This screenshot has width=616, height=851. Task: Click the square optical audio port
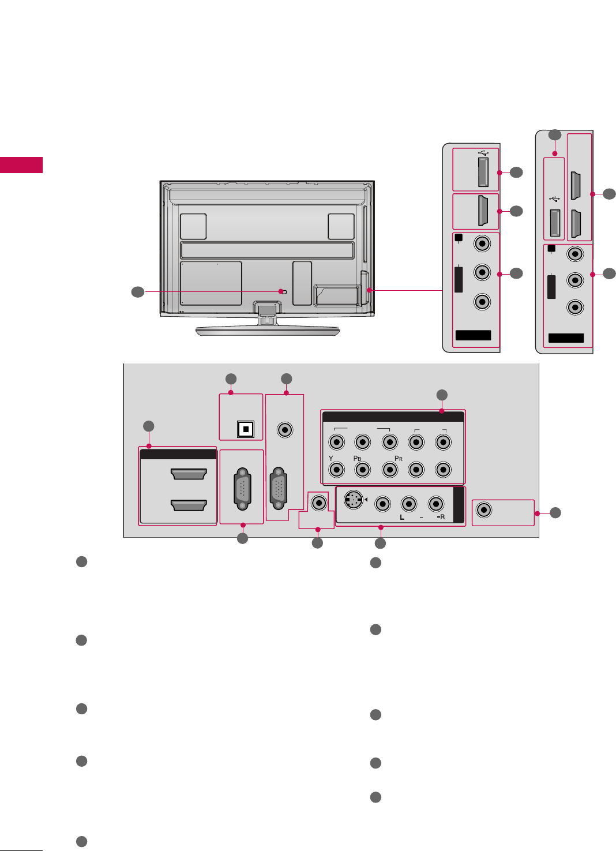click(x=246, y=429)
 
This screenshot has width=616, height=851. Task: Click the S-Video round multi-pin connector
click(x=353, y=500)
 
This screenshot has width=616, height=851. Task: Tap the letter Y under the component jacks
click(x=331, y=458)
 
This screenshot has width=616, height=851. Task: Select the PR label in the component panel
click(x=398, y=458)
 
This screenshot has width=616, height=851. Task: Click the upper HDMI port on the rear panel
click(x=189, y=474)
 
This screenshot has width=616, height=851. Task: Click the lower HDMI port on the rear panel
click(x=189, y=505)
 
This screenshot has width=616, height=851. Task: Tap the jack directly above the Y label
click(x=336, y=443)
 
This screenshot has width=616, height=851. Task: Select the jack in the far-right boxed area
click(x=484, y=510)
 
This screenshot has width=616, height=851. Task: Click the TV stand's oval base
click(x=267, y=331)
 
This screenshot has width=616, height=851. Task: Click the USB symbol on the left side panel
click(x=483, y=153)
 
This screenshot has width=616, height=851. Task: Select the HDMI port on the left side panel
click(x=483, y=211)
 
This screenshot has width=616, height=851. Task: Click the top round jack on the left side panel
click(x=482, y=243)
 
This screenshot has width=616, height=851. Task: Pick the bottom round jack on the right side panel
click(x=574, y=307)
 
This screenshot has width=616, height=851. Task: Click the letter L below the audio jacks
click(x=402, y=518)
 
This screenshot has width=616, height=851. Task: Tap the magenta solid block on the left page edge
click(x=21, y=165)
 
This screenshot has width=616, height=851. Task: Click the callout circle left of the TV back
click(x=138, y=292)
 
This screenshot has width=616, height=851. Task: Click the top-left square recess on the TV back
click(x=193, y=226)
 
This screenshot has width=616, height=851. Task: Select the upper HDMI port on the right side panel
click(x=575, y=185)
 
